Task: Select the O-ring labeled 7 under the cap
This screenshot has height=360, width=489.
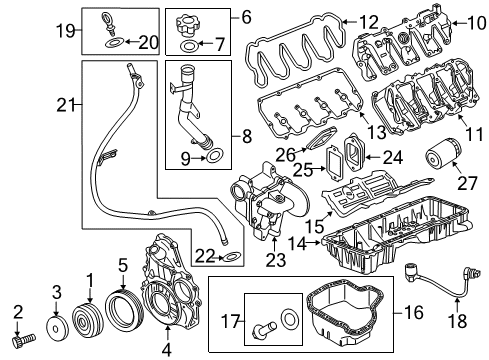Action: (x=188, y=46)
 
